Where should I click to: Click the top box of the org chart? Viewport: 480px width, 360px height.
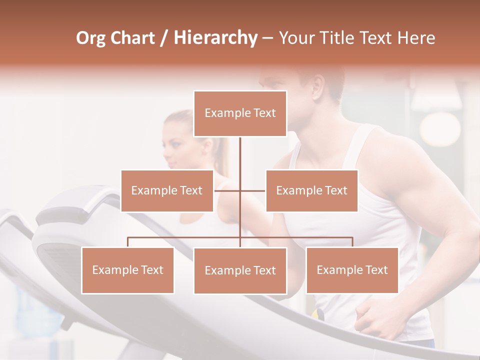(240, 113)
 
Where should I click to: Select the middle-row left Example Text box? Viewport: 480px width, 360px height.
(167, 190)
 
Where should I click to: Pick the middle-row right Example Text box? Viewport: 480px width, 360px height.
(311, 190)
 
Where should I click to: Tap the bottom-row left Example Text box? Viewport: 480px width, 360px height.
(127, 270)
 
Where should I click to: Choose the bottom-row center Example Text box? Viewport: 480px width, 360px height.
(240, 270)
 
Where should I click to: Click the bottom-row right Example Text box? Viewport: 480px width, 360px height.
(352, 270)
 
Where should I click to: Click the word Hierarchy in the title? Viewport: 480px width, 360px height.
(215, 38)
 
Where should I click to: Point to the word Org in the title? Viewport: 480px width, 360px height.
(90, 38)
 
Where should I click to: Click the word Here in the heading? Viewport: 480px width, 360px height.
(416, 38)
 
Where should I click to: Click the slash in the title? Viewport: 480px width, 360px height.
(163, 38)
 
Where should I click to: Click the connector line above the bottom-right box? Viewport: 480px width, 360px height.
(352, 241)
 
